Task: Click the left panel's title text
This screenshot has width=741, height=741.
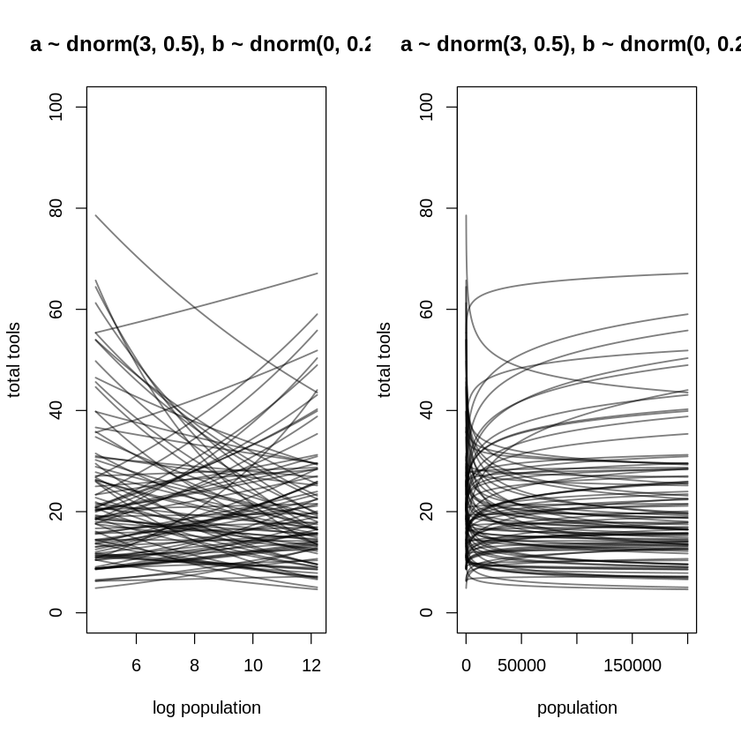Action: tap(199, 44)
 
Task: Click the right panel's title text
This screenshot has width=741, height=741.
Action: tap(570, 44)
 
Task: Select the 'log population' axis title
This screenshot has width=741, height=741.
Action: tap(206, 707)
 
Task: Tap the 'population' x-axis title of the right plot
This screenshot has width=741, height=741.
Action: tap(577, 707)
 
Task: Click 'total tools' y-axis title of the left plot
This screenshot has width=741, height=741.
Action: tap(14, 360)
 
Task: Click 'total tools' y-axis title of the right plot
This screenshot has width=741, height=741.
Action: tap(385, 360)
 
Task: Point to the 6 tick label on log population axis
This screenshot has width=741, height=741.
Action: tap(137, 665)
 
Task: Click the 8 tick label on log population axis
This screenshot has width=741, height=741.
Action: tap(195, 665)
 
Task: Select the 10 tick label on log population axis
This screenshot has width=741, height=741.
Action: tap(253, 665)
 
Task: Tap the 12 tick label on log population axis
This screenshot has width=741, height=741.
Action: tap(311, 665)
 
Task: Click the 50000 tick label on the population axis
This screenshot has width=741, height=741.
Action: tap(521, 665)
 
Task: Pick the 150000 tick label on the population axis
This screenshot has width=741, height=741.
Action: tap(632, 665)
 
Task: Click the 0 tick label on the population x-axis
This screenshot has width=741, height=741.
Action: tap(466, 665)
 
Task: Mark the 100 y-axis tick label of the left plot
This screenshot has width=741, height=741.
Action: tap(56, 107)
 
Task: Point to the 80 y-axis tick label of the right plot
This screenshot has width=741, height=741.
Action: tap(427, 208)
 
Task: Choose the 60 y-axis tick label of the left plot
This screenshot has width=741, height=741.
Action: tap(56, 310)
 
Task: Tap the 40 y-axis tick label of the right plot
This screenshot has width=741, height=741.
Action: tap(427, 410)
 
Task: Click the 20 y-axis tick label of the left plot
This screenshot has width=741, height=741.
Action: tap(56, 512)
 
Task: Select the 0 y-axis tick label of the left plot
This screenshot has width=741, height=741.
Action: tap(56, 612)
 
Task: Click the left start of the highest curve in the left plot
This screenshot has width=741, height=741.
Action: tap(96, 215)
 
